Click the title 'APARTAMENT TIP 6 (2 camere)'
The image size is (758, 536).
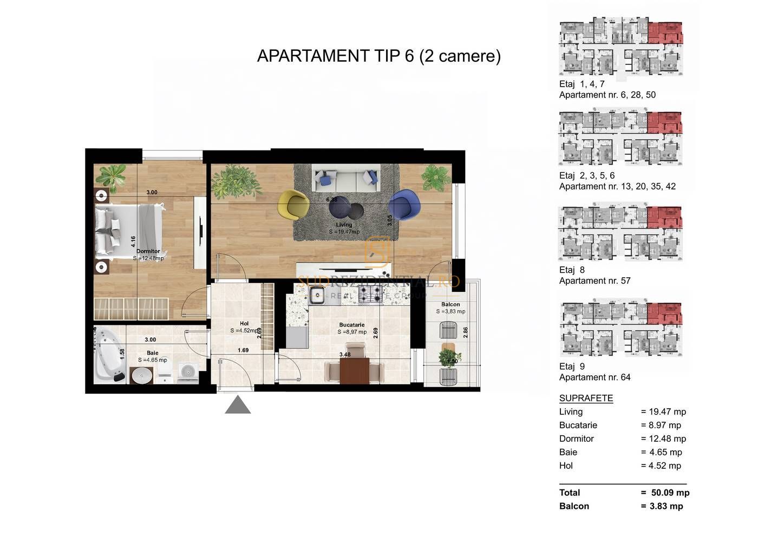[x=378, y=56]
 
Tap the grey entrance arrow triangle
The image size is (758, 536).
[x=238, y=406]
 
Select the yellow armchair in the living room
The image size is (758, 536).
[x=293, y=204]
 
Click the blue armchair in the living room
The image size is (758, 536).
[x=404, y=204]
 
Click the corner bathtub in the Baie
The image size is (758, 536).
[x=110, y=355]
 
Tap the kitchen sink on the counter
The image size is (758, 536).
[x=316, y=295]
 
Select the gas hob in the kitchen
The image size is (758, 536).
[x=372, y=295]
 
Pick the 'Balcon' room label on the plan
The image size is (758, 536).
[x=450, y=304]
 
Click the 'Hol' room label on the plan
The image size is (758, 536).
[x=244, y=324]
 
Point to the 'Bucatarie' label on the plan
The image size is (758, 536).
[x=352, y=325]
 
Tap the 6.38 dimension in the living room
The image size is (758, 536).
[x=331, y=199]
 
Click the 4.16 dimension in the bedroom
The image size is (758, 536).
[x=133, y=241]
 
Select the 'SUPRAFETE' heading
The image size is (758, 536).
[x=586, y=398]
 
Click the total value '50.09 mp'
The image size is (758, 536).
[x=670, y=493]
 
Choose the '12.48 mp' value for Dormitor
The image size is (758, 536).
[x=667, y=439]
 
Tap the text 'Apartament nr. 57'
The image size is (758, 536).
[x=594, y=280]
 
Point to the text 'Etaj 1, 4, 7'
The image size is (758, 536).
[x=581, y=84]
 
